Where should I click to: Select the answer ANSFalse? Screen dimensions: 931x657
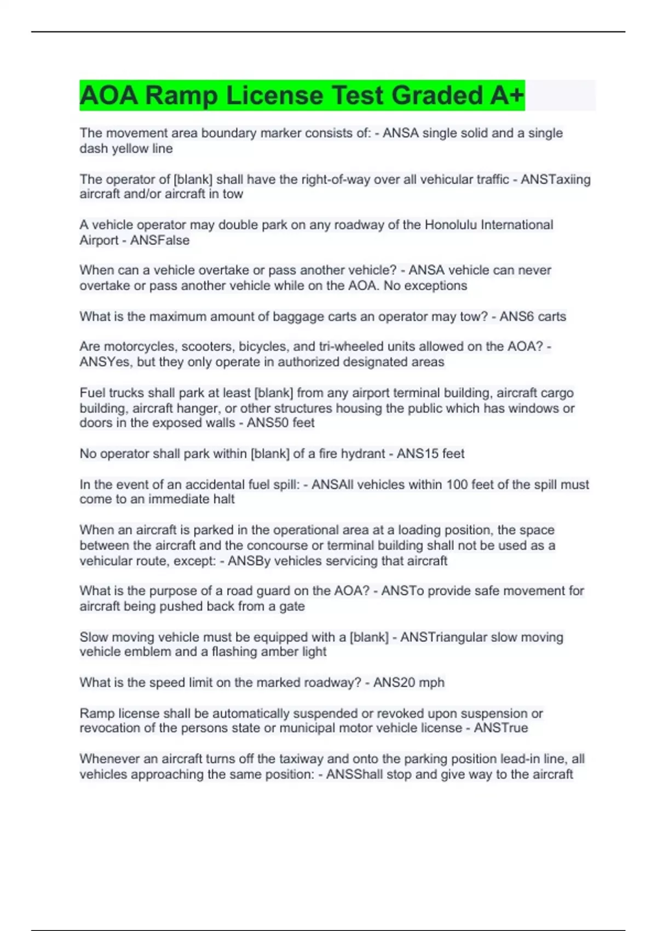point(160,240)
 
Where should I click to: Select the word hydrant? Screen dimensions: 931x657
point(363,453)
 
